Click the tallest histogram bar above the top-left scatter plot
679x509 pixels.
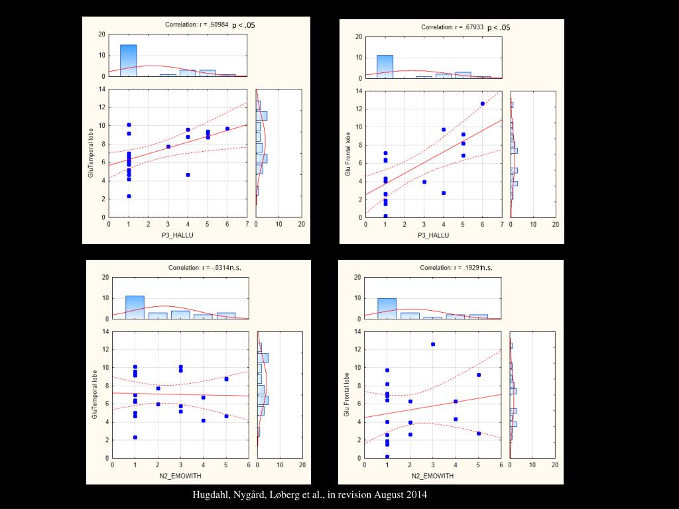(x=128, y=60)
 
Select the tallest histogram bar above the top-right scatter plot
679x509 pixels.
(x=385, y=66)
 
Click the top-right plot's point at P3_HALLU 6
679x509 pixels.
(x=483, y=103)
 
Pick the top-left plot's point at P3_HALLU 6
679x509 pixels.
(x=227, y=129)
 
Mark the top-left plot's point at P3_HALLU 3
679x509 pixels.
(x=168, y=146)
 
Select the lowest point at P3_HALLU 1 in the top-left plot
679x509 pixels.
(x=129, y=196)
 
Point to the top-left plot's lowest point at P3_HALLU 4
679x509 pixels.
(x=188, y=175)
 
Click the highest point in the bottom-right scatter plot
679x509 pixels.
(x=433, y=344)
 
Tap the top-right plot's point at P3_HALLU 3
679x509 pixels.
(x=424, y=182)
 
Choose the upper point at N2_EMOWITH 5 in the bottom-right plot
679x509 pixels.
(x=479, y=375)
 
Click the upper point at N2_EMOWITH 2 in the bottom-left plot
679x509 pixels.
(x=158, y=388)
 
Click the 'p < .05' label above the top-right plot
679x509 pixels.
(x=499, y=27)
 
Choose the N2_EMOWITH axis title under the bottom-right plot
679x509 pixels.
(x=433, y=476)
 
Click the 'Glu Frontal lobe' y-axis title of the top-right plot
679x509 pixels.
(x=347, y=154)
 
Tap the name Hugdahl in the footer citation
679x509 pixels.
(x=209, y=495)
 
